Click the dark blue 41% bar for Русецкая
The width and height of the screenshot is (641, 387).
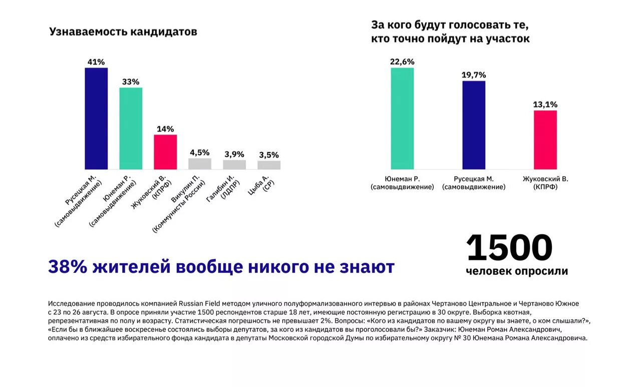(96, 118)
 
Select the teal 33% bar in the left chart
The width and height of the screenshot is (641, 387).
(131, 128)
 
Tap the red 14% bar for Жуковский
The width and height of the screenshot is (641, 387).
(165, 152)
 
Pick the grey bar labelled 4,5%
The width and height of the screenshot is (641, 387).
(200, 164)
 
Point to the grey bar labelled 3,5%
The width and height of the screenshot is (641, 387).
(269, 165)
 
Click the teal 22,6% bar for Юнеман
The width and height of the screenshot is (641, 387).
(402, 118)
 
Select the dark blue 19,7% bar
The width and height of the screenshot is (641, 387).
(474, 125)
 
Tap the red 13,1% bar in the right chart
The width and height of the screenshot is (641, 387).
(545, 140)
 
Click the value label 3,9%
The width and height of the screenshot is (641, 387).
(234, 154)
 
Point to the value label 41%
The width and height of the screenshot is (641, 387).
(96, 62)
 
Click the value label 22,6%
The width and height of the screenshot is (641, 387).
(402, 62)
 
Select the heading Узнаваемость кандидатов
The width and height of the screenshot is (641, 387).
(123, 32)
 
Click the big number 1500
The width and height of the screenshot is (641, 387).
(509, 248)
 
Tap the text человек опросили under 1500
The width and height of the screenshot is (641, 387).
(517, 271)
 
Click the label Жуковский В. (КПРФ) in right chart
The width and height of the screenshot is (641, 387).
(545, 182)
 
